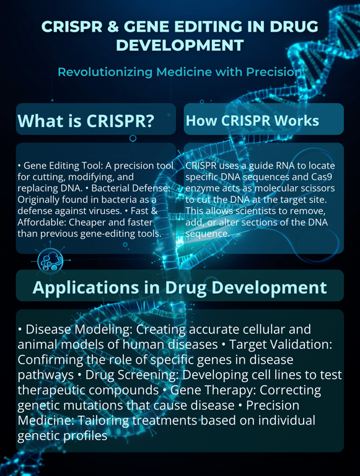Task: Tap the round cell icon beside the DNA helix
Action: pos(49,262)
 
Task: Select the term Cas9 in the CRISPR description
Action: pos(322,177)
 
